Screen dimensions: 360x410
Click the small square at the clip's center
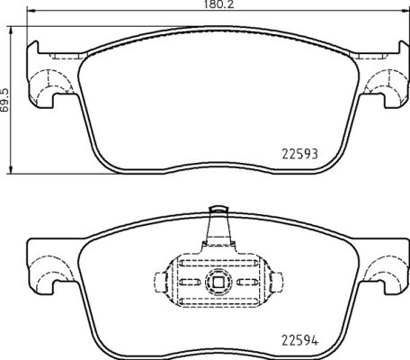[x=217, y=282]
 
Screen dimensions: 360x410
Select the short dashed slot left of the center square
[x=192, y=282]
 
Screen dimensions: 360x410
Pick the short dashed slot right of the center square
[x=241, y=282]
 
